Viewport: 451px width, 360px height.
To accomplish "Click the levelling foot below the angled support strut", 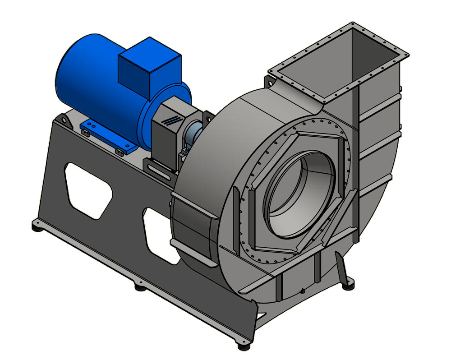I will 349,285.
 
